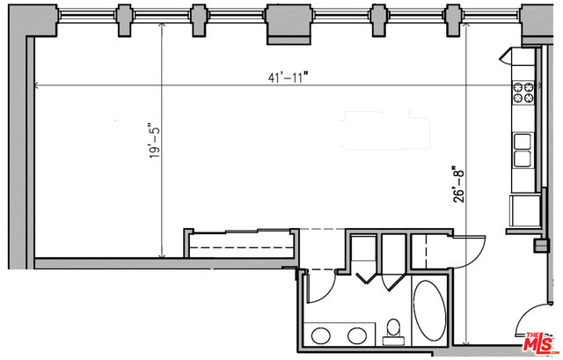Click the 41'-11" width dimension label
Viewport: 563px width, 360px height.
tap(289, 77)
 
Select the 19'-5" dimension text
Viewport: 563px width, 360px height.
tap(155, 143)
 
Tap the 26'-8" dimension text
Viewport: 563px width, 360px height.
tap(458, 184)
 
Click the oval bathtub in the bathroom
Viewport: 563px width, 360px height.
tap(429, 310)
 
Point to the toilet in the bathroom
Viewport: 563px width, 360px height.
tap(393, 333)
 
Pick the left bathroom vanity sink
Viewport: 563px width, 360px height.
tap(320, 335)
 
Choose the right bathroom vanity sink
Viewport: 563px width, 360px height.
tap(357, 335)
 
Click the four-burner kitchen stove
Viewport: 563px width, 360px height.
tap(523, 92)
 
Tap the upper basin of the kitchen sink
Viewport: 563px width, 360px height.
tap(523, 141)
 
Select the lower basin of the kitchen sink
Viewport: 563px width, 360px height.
tap(523, 158)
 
